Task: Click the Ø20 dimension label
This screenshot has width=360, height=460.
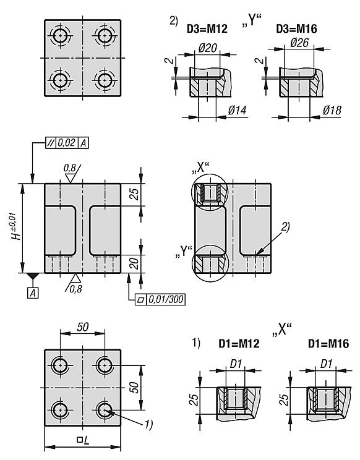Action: tap(207, 48)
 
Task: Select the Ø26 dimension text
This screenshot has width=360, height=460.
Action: tap(299, 43)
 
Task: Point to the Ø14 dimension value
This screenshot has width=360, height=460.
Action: tap(237, 110)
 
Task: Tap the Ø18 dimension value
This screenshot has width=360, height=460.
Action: tap(332, 110)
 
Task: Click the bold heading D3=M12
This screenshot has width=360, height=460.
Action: tap(207, 28)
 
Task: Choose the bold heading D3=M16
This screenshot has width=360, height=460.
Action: tap(296, 28)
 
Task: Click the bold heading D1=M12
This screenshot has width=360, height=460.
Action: tap(239, 344)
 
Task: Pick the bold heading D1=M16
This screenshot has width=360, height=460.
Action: tap(328, 344)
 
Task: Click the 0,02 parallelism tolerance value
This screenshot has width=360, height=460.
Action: tap(67, 143)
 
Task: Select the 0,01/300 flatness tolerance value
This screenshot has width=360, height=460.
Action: tap(166, 299)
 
